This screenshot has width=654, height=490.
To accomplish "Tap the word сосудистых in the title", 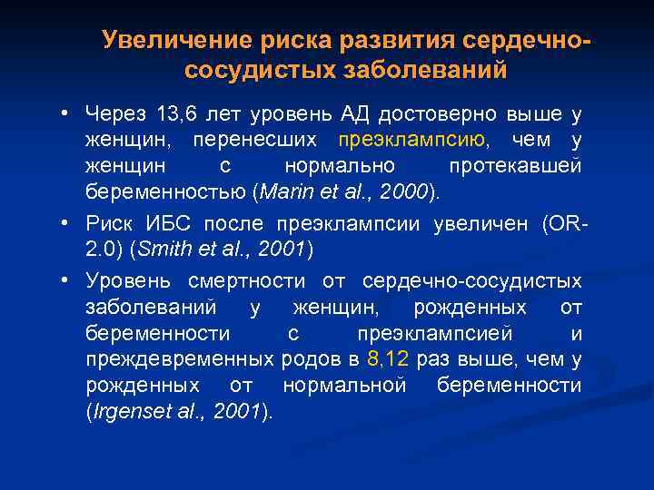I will [x=246, y=70].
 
